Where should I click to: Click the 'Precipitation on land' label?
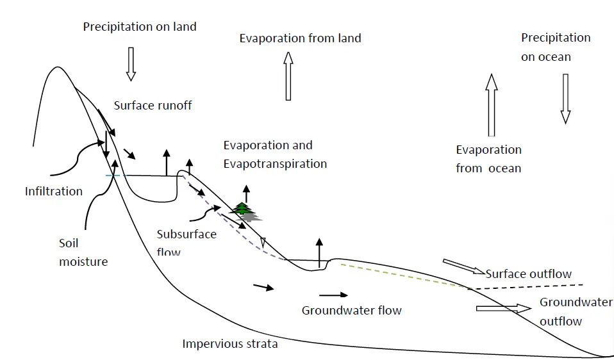140,27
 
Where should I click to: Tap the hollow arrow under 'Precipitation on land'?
131,63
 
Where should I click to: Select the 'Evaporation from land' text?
300,38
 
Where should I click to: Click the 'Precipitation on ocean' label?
555,47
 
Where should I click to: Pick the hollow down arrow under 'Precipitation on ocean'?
565,98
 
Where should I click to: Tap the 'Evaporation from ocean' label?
488,159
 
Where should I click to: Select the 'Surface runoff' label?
153,106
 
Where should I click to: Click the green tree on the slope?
243,209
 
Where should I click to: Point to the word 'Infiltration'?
54,191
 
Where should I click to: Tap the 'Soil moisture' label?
83,252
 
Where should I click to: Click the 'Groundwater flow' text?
351,311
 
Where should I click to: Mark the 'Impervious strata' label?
230,344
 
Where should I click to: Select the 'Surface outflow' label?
528,274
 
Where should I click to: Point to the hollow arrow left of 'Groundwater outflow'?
504,308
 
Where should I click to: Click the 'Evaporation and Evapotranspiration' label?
275,154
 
